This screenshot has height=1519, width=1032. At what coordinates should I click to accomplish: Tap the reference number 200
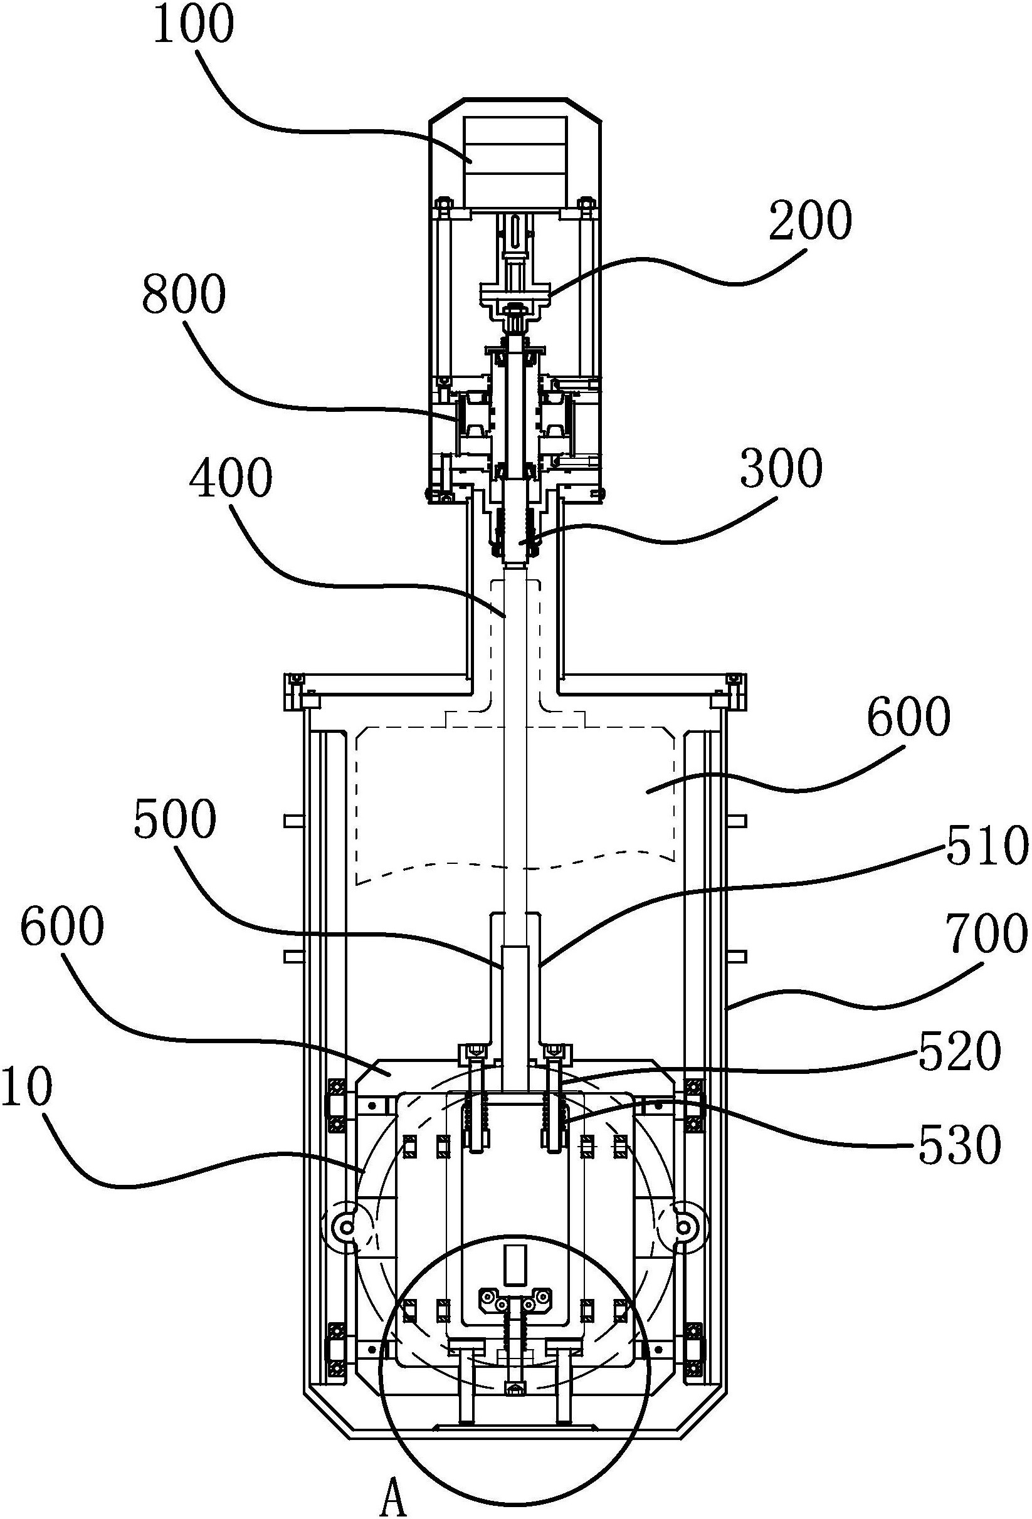[x=811, y=221]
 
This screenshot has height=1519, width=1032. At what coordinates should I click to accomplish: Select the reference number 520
[x=959, y=1053]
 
